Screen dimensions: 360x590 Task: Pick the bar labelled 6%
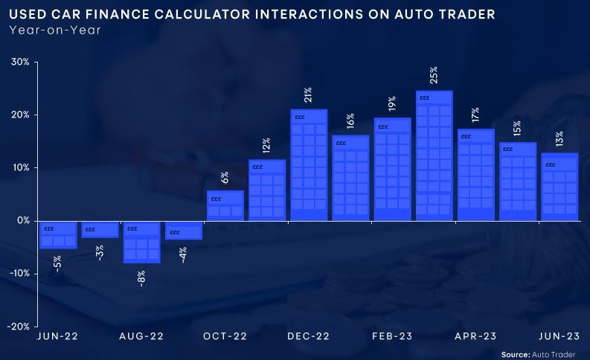tap(225, 205)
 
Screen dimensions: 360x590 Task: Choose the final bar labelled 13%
tap(559, 187)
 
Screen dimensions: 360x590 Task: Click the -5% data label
tap(58, 263)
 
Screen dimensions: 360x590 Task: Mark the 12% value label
tap(266, 145)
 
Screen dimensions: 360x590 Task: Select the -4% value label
tap(183, 255)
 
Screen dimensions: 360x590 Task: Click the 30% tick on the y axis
tap(20, 62)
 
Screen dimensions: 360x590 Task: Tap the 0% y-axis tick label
tap(22, 221)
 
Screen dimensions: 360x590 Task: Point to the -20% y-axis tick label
tap(19, 327)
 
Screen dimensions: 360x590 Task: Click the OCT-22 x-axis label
tap(225, 336)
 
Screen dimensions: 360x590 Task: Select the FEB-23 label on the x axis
tap(392, 336)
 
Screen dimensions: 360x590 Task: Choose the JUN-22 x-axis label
tap(58, 336)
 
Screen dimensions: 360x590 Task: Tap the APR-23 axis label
tap(476, 336)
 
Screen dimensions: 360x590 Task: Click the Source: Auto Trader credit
tap(539, 355)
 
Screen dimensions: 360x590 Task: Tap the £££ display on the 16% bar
tap(342, 143)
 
